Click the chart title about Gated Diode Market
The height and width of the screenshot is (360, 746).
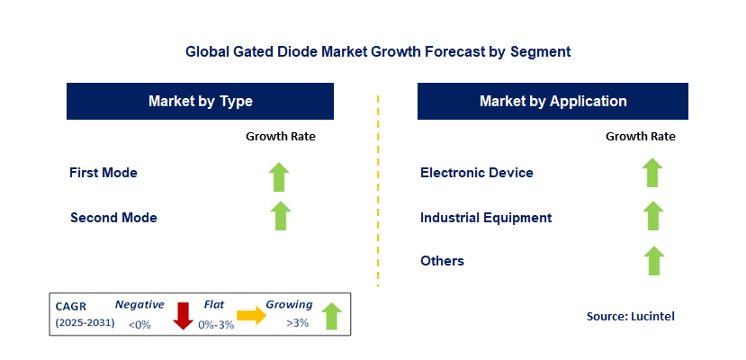pyautogui.click(x=378, y=52)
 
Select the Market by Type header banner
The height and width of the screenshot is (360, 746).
pyautogui.click(x=201, y=102)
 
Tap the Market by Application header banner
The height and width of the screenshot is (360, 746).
pyautogui.click(x=553, y=102)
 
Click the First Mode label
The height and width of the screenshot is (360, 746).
pyautogui.click(x=103, y=172)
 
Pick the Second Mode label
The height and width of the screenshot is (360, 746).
pyautogui.click(x=113, y=218)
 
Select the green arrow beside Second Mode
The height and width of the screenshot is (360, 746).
pyautogui.click(x=281, y=216)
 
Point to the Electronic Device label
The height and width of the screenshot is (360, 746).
pyautogui.click(x=477, y=172)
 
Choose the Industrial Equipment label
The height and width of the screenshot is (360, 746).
pyautogui.click(x=486, y=218)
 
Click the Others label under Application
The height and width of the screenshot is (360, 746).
pyautogui.click(x=442, y=261)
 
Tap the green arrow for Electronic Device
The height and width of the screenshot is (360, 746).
pyautogui.click(x=653, y=173)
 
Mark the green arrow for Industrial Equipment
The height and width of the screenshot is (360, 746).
pyautogui.click(x=653, y=216)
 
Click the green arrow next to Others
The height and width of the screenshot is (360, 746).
pyautogui.click(x=653, y=260)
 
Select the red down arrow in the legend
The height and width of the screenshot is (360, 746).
pyautogui.click(x=184, y=316)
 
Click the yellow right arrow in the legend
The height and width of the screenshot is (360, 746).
pyautogui.click(x=252, y=315)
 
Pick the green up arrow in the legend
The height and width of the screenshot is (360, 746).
pyautogui.click(x=331, y=316)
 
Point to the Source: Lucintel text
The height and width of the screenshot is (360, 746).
pyautogui.click(x=630, y=316)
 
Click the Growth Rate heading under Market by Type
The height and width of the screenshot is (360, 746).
pyautogui.click(x=281, y=137)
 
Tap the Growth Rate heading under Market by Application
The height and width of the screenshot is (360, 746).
pyautogui.click(x=641, y=137)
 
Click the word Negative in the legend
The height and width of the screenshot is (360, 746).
pyautogui.click(x=139, y=305)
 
